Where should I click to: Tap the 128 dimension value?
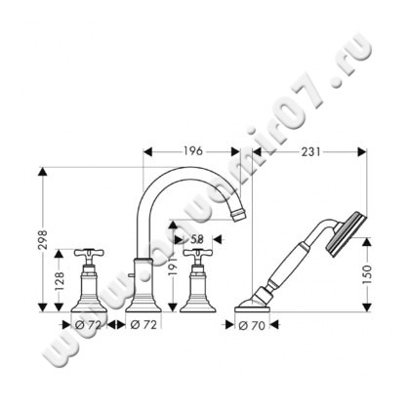pyautogui.click(x=58, y=283)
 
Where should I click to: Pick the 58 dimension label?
pyautogui.click(x=194, y=237)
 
